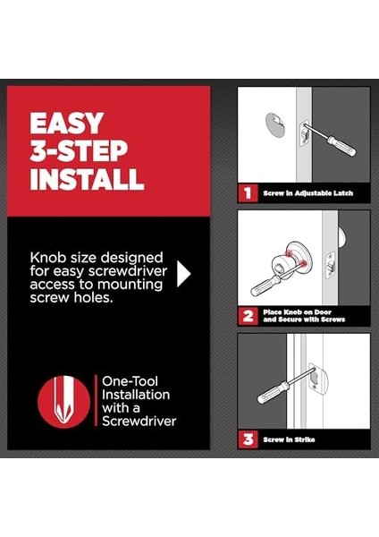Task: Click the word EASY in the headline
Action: tap(67, 124)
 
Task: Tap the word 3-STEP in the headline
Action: tap(79, 151)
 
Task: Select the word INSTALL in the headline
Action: tap(87, 179)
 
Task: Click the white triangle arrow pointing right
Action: tap(183, 274)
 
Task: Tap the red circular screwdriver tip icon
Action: tap(64, 402)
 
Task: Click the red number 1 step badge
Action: tap(248, 193)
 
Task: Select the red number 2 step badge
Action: tap(248, 316)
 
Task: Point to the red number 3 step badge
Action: tap(248, 439)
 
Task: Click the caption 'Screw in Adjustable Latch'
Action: tap(307, 193)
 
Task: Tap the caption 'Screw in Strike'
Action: tap(289, 439)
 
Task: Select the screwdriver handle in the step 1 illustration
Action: tap(342, 146)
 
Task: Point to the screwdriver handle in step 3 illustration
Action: tap(274, 392)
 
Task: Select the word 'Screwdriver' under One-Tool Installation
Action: tap(139, 421)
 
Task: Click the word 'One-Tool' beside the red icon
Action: tap(130, 381)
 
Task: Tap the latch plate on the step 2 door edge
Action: tap(331, 266)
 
